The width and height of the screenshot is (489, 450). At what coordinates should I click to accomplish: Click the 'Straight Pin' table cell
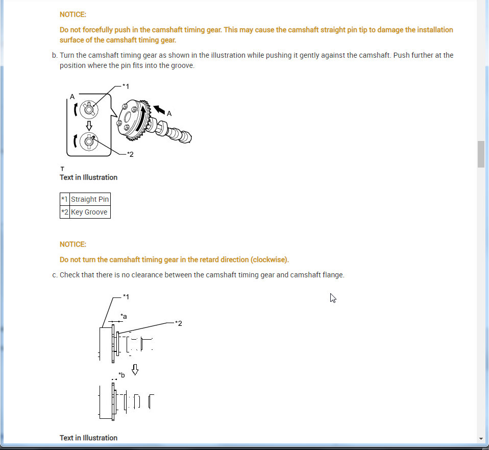pyautogui.click(x=90, y=199)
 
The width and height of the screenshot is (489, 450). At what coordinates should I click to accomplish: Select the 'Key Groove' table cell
pyautogui.click(x=89, y=212)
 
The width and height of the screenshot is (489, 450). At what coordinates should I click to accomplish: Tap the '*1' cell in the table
pyautogui.click(x=64, y=199)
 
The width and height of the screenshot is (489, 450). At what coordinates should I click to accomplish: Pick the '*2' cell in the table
pyautogui.click(x=64, y=212)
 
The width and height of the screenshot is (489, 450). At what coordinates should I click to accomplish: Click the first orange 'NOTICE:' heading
pyautogui.click(x=73, y=15)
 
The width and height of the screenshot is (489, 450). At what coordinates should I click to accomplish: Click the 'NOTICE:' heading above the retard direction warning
pyautogui.click(x=73, y=244)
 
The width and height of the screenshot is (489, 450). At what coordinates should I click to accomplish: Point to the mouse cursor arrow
pyautogui.click(x=333, y=298)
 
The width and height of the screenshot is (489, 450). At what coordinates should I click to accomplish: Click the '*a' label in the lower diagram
pyautogui.click(x=124, y=317)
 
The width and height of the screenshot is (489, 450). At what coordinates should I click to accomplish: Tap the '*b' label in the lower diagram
pyautogui.click(x=121, y=375)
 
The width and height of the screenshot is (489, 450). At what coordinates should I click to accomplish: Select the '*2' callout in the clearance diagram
pyautogui.click(x=178, y=323)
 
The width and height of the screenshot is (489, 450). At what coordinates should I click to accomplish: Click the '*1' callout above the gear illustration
pyautogui.click(x=126, y=86)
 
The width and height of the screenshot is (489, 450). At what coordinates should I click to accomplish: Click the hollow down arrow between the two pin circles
pyautogui.click(x=89, y=126)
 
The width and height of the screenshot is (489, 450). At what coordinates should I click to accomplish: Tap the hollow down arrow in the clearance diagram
pyautogui.click(x=135, y=370)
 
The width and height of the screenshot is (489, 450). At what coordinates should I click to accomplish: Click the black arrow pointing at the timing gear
pyautogui.click(x=159, y=109)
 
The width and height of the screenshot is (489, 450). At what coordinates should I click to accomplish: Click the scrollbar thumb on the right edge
pyautogui.click(x=481, y=154)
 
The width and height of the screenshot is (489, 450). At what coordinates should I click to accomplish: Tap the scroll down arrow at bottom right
pyautogui.click(x=481, y=439)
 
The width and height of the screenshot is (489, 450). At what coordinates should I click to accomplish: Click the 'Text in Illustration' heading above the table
pyautogui.click(x=88, y=177)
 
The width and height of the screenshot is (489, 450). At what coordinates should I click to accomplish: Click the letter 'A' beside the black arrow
pyautogui.click(x=169, y=114)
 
